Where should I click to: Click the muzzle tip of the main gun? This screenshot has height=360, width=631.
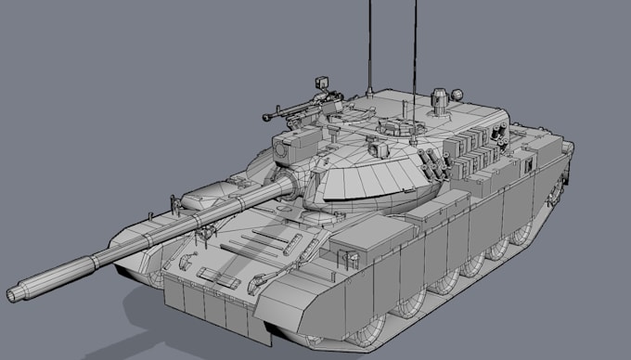(x=14, y=294)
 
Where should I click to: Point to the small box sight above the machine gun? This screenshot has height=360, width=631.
(x=325, y=83)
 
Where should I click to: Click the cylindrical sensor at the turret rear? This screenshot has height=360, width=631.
(x=440, y=97)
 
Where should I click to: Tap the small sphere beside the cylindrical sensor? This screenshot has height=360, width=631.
(x=456, y=95)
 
